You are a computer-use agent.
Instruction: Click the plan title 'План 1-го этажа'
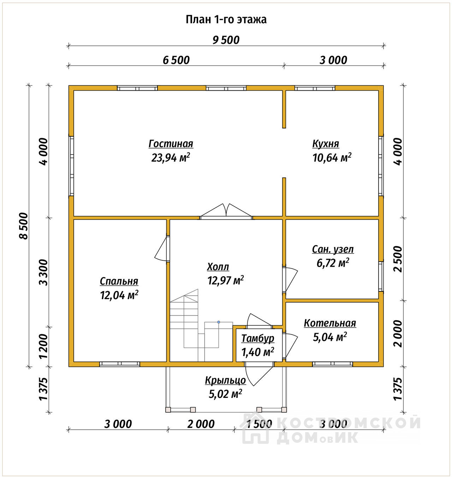pos(226,20)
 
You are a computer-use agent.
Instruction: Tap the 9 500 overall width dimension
pos(226,40)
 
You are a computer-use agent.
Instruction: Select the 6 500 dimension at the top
pos(176,60)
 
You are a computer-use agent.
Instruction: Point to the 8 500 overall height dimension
pos(24,226)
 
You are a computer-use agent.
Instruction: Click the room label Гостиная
pos(171,144)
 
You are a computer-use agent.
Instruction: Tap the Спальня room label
pos(119,281)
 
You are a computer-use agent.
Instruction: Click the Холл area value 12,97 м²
pos(226,280)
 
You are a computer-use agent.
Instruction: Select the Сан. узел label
pos(333,249)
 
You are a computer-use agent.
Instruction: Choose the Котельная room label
pos(330,323)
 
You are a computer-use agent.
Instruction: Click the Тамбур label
pos(257,338)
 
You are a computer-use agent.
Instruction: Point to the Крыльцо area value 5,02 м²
pos(225,394)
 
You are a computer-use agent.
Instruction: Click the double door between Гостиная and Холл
pos(226,211)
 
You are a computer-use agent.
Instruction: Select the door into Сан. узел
pos(290,279)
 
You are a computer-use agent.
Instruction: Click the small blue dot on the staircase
pos(219,322)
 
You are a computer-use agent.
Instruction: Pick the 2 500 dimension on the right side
pos(398,259)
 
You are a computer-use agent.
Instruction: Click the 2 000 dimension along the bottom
pos(201,424)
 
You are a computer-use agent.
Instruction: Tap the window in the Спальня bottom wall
pos(119,364)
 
